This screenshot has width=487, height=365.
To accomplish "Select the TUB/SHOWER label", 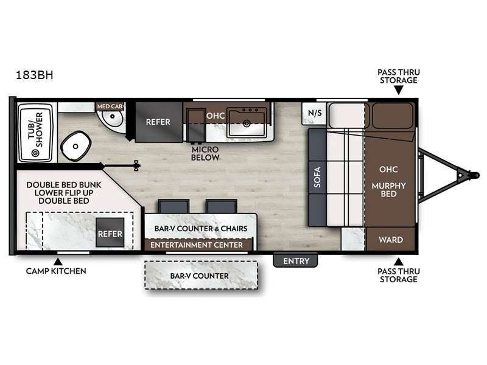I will coord(35,131).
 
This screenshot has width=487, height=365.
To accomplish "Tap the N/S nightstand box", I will coord(315,113).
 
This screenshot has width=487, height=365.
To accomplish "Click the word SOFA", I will coord(317,176).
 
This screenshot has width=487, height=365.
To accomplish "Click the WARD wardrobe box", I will coord(390,240).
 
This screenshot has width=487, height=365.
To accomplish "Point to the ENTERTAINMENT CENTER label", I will coord(197,245).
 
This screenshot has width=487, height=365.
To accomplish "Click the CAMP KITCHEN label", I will coord(56,271).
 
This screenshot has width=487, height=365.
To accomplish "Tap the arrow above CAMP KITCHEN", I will coord(57,260).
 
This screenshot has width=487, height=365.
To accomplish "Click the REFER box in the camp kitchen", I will coord(110,233).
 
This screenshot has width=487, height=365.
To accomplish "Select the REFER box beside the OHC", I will coord(158,121).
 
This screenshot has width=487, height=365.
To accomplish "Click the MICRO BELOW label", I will coord(205,153).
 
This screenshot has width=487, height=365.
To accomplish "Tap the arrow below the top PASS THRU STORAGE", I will coord(398,91).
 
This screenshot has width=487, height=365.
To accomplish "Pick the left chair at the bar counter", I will coord(169,206).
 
